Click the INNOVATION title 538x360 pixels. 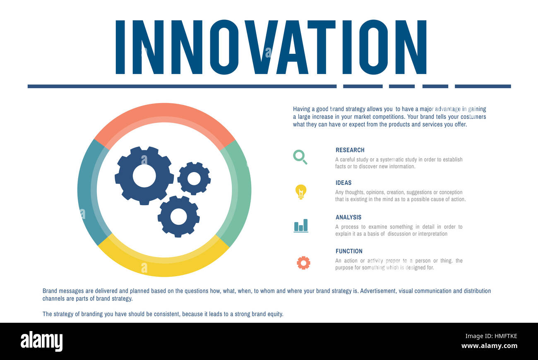point(271,47)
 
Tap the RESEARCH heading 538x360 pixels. point(350,150)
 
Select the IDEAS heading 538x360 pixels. point(343,183)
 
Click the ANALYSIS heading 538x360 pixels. point(348,217)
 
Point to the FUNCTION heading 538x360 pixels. point(349,251)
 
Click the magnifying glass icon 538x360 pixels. point(300,157)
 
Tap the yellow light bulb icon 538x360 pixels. point(301,192)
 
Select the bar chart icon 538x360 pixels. point(301,226)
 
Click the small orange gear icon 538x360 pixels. point(303,263)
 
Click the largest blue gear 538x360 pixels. point(144,176)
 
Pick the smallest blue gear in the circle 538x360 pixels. point(194,178)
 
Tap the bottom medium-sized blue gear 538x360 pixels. point(178,216)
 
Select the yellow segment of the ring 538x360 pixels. point(163,265)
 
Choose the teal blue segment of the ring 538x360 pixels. point(88,190)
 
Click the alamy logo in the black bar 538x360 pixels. point(41,341)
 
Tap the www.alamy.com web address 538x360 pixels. point(489,346)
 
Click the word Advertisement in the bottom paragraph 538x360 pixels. point(377,291)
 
